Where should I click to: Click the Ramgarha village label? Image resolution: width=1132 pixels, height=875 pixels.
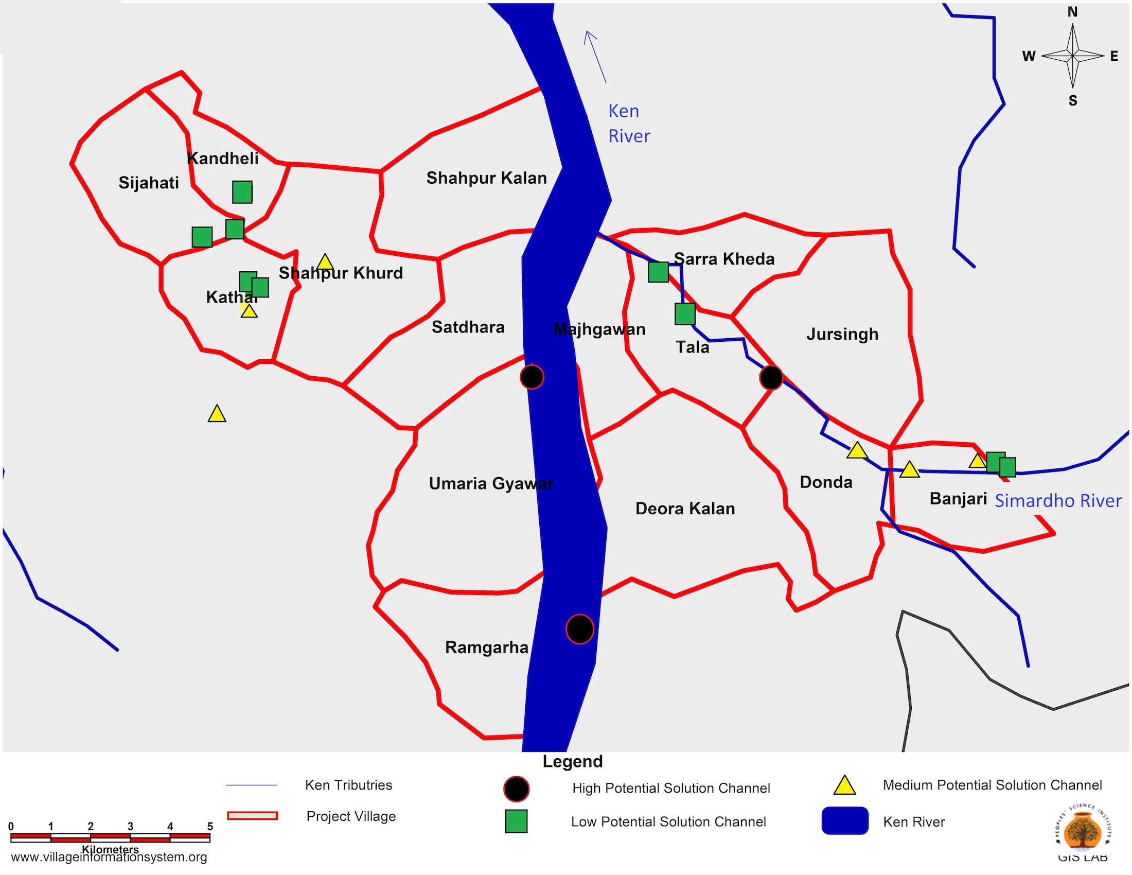[486, 647]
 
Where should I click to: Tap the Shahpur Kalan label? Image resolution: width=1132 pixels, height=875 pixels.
[486, 178]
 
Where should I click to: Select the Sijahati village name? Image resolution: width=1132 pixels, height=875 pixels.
[148, 183]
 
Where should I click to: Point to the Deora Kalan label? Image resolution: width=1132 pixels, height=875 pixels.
[685, 509]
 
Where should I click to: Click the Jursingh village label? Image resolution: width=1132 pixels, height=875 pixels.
[842, 334]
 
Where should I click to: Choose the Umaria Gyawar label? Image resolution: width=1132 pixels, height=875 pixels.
[491, 484]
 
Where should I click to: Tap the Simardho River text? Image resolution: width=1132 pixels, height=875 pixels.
[1058, 501]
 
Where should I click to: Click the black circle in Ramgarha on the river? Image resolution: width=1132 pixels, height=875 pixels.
[579, 629]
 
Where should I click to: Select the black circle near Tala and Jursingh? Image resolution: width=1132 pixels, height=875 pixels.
[771, 377]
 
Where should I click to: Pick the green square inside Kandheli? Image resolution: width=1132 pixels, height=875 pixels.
[242, 192]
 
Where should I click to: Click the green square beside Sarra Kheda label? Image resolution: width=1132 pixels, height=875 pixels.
[658, 272]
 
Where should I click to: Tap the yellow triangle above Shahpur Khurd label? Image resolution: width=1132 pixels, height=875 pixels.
[325, 262]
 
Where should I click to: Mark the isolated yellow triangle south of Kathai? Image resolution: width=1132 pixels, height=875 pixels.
[217, 414]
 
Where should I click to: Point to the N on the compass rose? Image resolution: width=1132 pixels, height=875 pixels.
[1072, 12]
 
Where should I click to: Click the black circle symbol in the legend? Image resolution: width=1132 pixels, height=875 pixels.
[516, 789]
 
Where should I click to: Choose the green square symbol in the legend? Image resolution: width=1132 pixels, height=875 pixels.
[516, 821]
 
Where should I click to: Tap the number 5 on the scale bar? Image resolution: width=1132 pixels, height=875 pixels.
[210, 826]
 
